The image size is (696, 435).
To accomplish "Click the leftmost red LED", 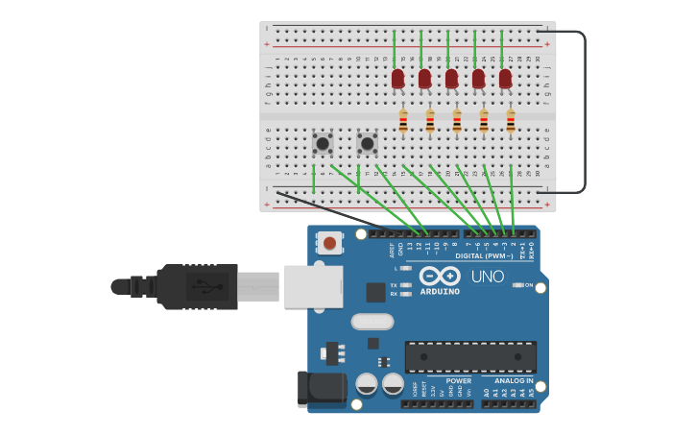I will (397, 79).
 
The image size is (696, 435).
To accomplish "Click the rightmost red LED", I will (505, 79).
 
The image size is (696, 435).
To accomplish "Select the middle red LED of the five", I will (451, 79).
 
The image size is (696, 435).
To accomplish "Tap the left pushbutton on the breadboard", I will (323, 143).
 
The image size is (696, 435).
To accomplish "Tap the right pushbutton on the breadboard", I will (367, 143).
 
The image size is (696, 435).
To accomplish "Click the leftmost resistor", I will (403, 121).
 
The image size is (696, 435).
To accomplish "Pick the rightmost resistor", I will (511, 121).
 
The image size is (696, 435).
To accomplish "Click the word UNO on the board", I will (488, 277).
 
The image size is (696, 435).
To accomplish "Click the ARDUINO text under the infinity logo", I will (440, 291).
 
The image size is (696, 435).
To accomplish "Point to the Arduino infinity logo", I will (440, 276).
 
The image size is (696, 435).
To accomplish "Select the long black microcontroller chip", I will (470, 356).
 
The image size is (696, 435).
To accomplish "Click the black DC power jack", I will (321, 389).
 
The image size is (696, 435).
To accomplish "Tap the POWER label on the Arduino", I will (459, 380).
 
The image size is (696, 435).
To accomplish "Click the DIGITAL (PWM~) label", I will (483, 255).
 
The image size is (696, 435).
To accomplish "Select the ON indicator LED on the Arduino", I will (517, 285).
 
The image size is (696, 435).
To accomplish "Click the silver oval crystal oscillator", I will (372, 322).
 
